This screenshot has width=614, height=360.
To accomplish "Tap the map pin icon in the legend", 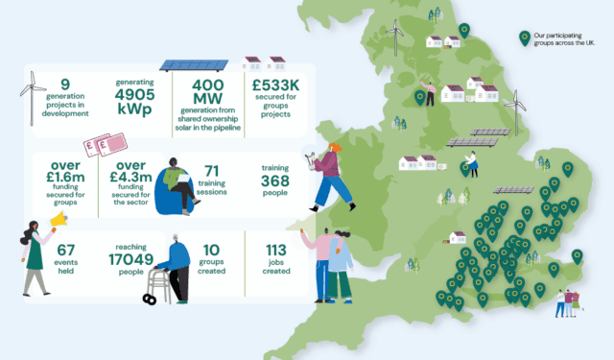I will point(524,37).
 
